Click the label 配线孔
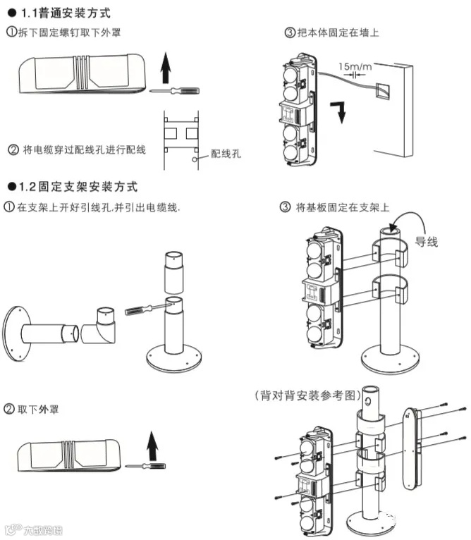226,154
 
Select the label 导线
426,242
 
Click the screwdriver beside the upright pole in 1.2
143,308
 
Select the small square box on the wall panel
384,89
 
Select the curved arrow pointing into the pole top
402,233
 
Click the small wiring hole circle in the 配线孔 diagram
193,159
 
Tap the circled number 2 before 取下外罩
10,410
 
